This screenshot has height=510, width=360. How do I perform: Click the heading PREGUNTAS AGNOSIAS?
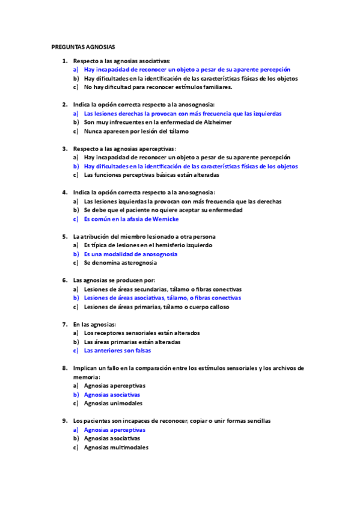pyautogui.click(x=84, y=46)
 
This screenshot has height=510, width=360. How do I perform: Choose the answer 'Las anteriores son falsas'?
pyautogui.click(x=117, y=350)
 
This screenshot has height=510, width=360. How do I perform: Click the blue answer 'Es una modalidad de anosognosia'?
pyautogui.click(x=130, y=254)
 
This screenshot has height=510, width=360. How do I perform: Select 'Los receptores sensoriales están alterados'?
pyautogui.click(x=142, y=333)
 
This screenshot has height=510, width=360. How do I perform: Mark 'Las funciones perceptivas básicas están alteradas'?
pyautogui.click(x=151, y=175)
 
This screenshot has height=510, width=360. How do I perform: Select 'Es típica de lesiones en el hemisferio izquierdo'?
pyautogui.click(x=148, y=245)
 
